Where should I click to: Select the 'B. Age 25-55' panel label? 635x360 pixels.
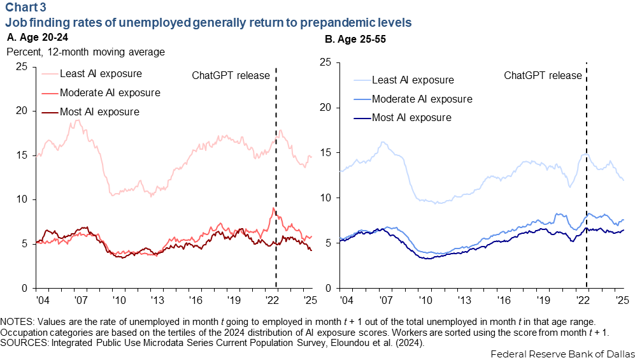pos(355,39)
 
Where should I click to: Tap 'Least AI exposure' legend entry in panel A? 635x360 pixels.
pos(100,73)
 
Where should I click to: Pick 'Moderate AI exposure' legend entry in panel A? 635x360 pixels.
pos(109,93)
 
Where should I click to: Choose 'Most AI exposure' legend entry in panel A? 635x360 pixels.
pos(99,112)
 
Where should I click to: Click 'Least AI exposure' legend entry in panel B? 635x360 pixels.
pos(412,80)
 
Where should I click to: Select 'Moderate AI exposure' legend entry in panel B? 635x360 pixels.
pos(421,99)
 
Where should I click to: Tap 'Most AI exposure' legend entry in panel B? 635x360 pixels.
pos(411,118)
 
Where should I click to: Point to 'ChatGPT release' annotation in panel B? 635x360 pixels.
pos(543,75)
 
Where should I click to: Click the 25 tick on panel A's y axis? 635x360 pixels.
pos(21,66)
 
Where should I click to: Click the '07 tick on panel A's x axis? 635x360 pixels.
pos(80,299)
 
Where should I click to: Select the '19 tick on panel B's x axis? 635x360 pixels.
pos(543,299)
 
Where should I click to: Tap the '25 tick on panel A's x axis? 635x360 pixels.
pos(307,299)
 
